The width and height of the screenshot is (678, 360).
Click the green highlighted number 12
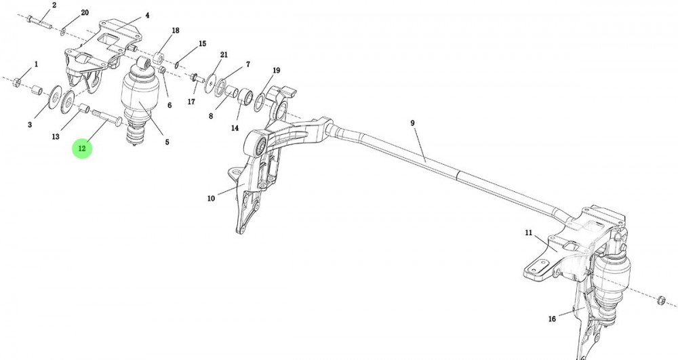click(x=82, y=148)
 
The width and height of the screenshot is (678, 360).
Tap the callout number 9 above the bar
click(x=412, y=123)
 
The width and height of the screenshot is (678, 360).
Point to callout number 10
click(x=211, y=199)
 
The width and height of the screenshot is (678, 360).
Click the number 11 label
click(x=528, y=233)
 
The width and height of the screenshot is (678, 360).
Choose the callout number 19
click(x=276, y=71)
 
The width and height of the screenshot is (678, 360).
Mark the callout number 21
click(x=224, y=54)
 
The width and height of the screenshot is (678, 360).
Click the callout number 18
click(x=175, y=31)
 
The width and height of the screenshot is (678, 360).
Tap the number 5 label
click(x=167, y=142)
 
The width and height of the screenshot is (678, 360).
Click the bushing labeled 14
click(x=245, y=96)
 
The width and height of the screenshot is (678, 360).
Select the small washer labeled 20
click(x=62, y=30)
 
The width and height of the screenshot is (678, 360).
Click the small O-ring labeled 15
click(x=177, y=65)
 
